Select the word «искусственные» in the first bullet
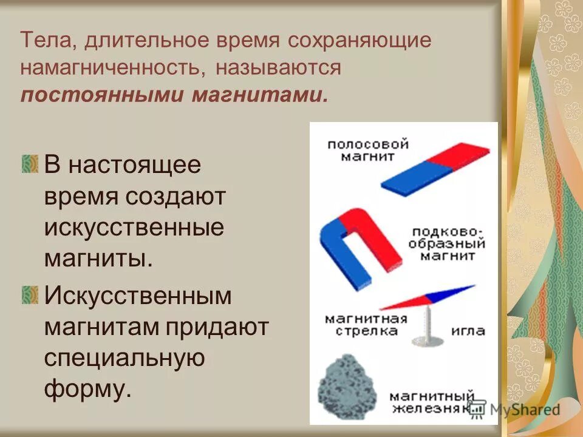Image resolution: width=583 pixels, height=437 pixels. pos(134,228)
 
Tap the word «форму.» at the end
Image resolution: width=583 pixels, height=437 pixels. pos(87,389)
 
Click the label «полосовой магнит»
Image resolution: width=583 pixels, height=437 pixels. pos(367,150)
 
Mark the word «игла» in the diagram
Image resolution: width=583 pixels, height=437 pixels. pos(468,331)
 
